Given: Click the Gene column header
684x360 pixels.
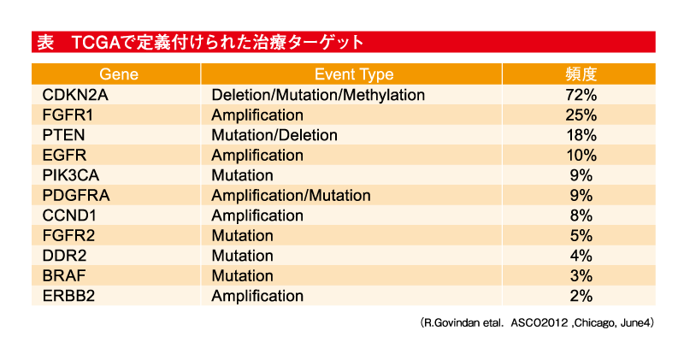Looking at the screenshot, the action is coord(119,74).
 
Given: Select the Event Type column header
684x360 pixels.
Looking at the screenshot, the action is coord(354,74).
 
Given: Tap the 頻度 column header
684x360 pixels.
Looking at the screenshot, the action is coord(581,74).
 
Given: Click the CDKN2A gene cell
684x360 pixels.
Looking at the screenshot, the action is coord(75,95).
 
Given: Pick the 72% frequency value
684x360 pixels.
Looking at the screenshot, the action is coord(581,95).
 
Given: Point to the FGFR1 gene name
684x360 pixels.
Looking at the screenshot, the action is coord(68,115).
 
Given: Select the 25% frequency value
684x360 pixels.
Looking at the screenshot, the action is coord(581,115).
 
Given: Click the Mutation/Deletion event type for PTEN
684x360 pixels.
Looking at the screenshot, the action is coord(274,135).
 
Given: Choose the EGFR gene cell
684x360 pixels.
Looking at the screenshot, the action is coord(64,155).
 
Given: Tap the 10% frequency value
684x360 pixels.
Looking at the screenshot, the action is coord(581,155).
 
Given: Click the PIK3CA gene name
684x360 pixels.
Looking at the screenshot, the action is coord(71,175).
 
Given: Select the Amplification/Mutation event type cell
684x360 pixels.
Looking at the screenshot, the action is coord(291,195).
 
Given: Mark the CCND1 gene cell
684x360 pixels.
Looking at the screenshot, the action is coord(69,215).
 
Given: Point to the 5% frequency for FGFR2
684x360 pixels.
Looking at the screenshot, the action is coord(581,235).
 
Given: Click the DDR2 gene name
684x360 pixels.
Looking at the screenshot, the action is coord(64,256).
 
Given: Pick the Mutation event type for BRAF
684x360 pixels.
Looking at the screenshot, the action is coord(242,275).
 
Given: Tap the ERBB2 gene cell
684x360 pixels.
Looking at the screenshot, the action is coord(68,295).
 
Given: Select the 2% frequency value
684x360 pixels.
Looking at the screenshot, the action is coord(581,295).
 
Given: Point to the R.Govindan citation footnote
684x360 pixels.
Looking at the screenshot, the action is coord(537,323).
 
